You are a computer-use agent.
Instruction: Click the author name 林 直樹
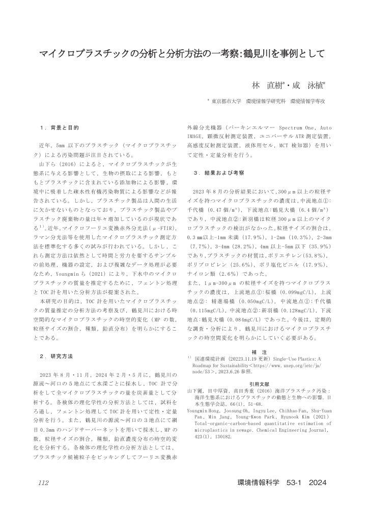click(268, 85)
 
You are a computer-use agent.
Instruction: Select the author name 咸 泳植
click(310, 85)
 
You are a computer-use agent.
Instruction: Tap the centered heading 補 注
click(260, 351)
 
